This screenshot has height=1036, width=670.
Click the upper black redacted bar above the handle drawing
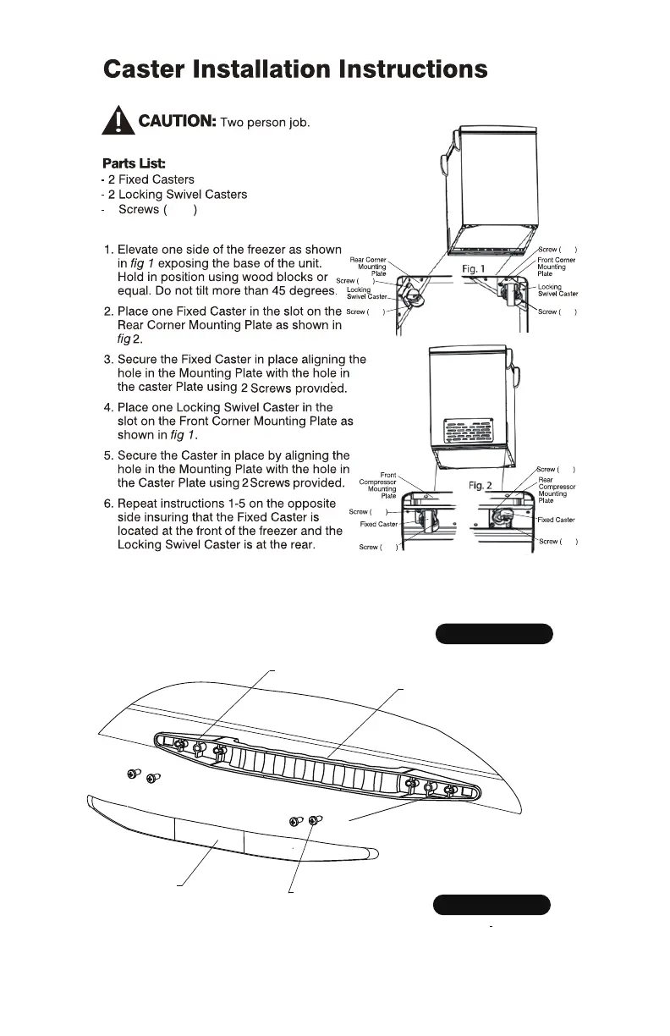tap(494, 634)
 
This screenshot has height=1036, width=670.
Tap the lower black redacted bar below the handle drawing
tap(492, 905)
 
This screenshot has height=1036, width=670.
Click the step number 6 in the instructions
tap(107, 502)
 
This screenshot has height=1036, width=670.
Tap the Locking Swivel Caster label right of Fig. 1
tap(557, 290)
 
